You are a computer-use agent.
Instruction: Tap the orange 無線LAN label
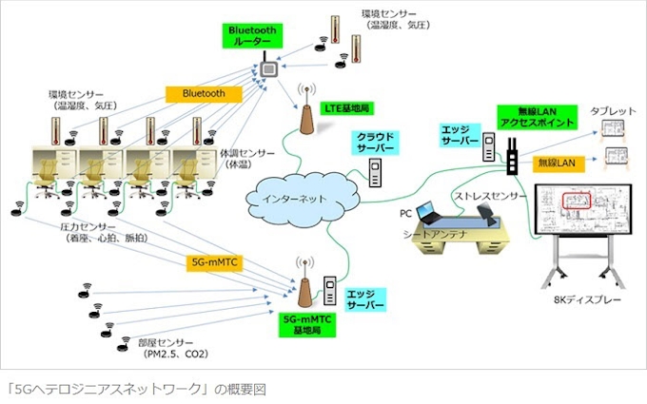click(557, 162)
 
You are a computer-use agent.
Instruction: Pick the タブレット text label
click(613, 112)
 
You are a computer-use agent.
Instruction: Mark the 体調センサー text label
click(246, 158)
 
